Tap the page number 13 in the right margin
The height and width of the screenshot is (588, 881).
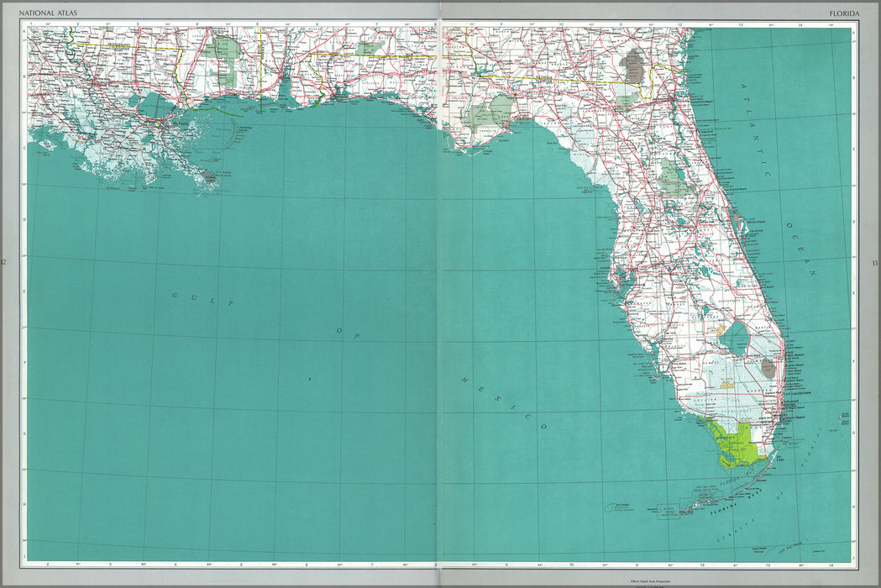pyautogui.click(x=875, y=264)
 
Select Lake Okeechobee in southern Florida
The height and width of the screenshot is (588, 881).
pyautogui.click(x=736, y=338)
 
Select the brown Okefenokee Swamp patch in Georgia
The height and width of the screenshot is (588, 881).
pyautogui.click(x=633, y=66)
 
